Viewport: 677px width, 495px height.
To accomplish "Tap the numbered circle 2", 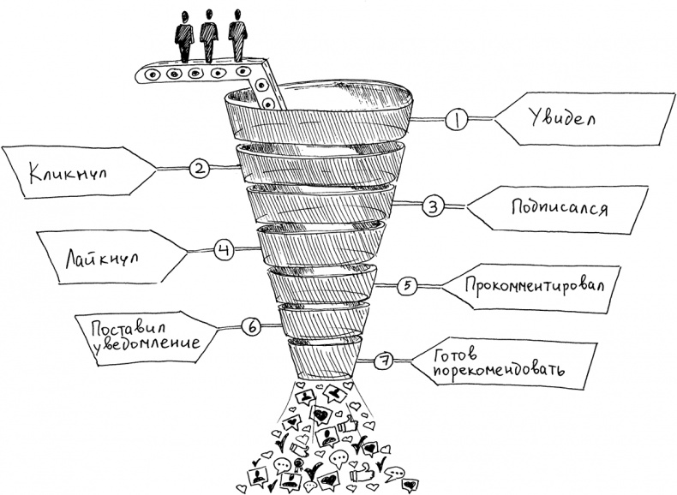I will coord(199,169).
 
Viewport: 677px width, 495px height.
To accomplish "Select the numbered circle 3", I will coord(433,206).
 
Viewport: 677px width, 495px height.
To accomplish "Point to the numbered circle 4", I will coord(223,250).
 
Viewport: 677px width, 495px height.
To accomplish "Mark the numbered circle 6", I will coord(252,326).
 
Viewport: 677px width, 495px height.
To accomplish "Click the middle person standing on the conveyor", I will coord(209,35).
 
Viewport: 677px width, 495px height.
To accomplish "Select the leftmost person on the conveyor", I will coord(183,35).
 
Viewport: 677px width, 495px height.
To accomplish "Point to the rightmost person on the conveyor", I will coord(237,35).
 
